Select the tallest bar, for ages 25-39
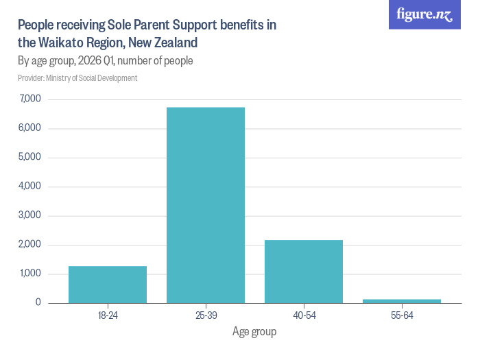click(x=206, y=205)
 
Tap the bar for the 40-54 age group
click(x=304, y=272)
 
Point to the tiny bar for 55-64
click(x=402, y=300)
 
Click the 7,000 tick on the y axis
click(x=30, y=99)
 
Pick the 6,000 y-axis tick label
click(x=30, y=128)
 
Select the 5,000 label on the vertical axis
click(x=30, y=157)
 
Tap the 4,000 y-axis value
click(x=30, y=187)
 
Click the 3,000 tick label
click(x=30, y=215)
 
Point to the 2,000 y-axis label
click(x=30, y=245)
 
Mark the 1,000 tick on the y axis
click(x=30, y=274)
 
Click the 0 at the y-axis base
click(x=38, y=302)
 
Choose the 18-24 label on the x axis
click(x=108, y=315)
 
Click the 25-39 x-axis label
click(x=206, y=315)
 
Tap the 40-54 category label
click(x=304, y=315)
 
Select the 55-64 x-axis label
click(x=402, y=315)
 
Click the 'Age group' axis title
click(x=254, y=333)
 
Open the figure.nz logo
click(x=424, y=14)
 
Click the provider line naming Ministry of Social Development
click(x=77, y=78)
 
